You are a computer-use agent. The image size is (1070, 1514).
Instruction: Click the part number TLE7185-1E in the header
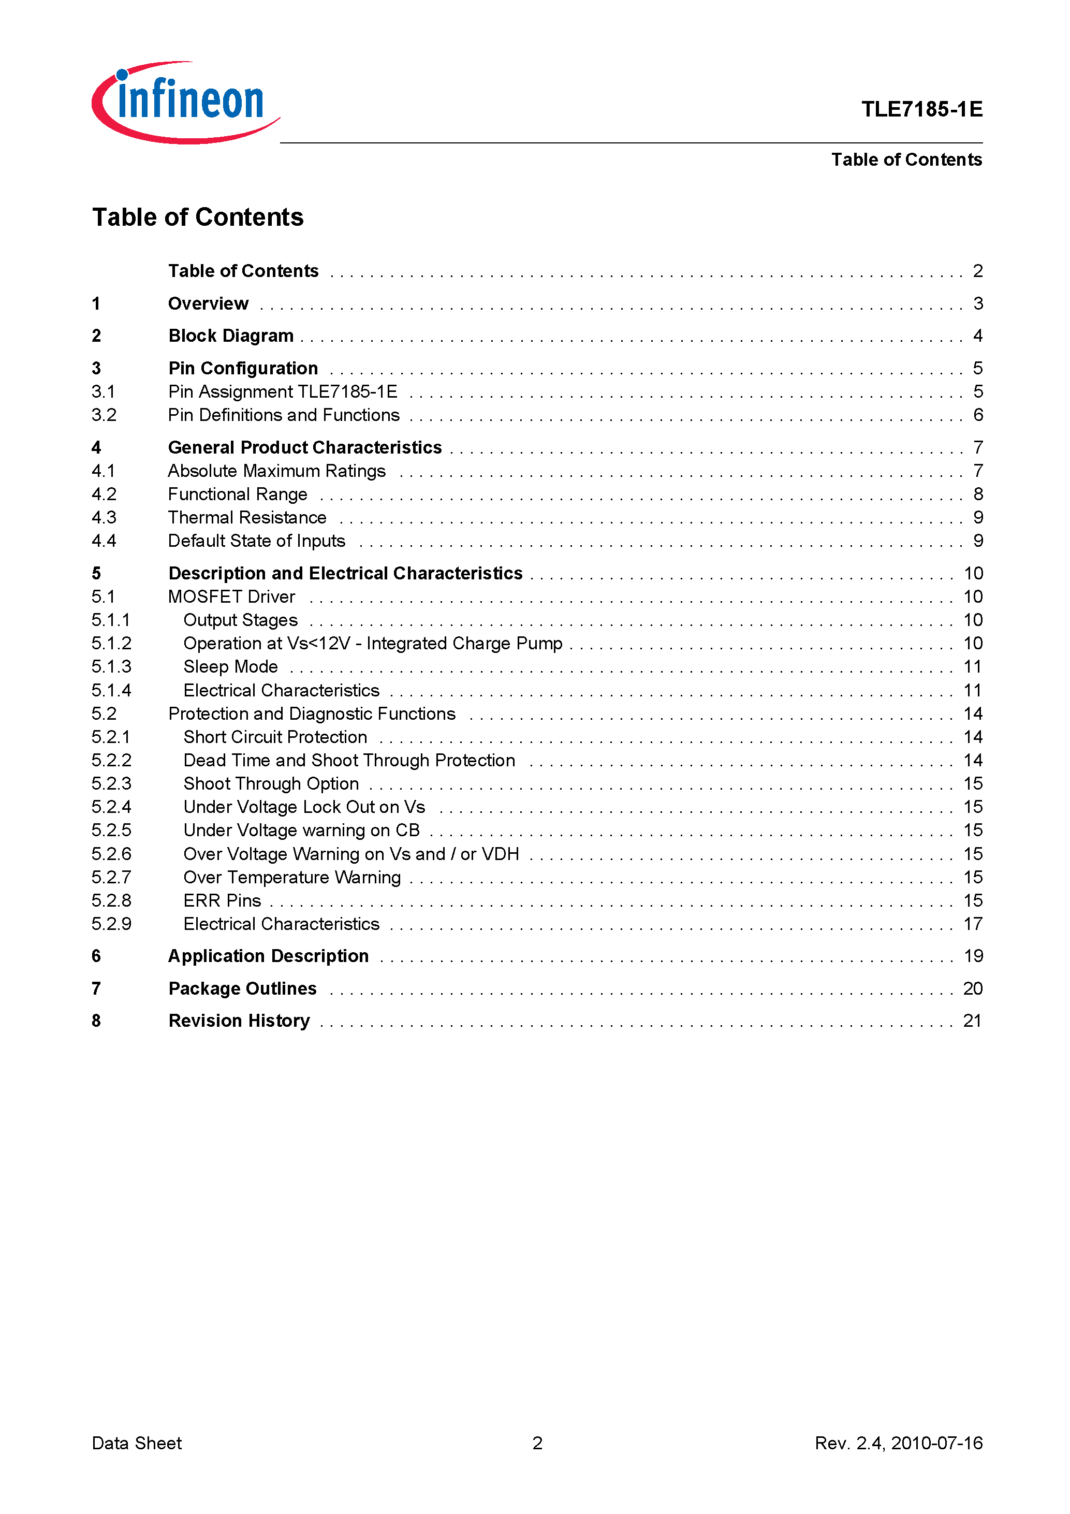point(921,109)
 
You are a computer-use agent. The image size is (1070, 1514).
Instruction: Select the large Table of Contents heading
point(198,217)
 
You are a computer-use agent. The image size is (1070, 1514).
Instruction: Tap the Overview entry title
point(208,303)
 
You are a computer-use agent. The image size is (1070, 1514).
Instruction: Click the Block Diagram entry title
point(231,336)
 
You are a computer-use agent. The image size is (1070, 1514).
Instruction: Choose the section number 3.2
point(104,415)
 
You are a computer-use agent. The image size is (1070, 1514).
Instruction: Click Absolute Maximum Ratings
point(277,471)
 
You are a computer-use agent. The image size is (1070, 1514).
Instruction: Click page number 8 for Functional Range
point(978,494)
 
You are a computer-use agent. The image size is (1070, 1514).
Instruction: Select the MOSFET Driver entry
point(231,597)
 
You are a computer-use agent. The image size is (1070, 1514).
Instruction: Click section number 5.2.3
point(111,783)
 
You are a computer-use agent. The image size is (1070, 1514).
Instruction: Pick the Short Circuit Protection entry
point(275,737)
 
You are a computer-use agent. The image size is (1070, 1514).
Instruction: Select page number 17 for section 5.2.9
point(973,924)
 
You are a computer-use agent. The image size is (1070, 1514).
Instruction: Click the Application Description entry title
point(268,956)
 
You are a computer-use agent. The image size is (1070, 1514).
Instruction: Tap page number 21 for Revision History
point(973,1021)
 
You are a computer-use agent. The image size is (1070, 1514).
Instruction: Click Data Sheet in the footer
point(137,1443)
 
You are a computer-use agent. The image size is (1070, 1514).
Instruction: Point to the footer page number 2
point(537,1443)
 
